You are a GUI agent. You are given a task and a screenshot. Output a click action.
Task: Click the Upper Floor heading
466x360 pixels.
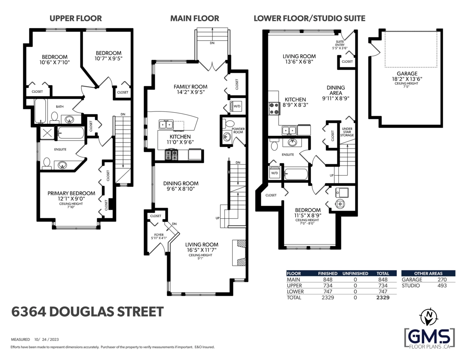pos(76,18)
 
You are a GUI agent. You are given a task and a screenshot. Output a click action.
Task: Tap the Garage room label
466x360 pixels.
pos(407,73)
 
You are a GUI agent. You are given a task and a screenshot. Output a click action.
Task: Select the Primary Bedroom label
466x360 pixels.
pos(71,193)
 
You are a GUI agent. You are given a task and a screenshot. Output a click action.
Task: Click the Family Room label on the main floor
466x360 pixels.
pos(190,87)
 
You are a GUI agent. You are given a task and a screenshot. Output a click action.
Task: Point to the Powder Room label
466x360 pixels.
pos(238,130)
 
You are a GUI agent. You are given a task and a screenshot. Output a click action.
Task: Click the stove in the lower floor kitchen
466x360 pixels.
pos(274,108)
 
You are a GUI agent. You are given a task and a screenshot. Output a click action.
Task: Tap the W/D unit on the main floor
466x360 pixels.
pos(236,106)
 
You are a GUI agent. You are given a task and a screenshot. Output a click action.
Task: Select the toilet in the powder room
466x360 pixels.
pos(229,123)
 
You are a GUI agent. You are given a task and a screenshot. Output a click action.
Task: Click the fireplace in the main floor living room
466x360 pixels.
pos(239,253)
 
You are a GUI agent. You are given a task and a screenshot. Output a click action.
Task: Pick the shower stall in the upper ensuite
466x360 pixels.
pos(47,133)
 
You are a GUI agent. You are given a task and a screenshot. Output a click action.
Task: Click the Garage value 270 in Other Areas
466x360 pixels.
pos(442,279)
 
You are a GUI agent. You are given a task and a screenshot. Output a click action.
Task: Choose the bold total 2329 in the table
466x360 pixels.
pos(383,297)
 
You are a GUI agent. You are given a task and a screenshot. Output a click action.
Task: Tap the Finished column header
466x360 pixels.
pos(328,273)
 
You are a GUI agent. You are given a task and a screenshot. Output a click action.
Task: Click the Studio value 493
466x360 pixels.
pos(442,285)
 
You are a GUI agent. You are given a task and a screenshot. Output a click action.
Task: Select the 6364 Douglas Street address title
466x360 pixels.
pos(87,311)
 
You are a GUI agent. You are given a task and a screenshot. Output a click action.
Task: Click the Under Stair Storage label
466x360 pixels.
pos(347,132)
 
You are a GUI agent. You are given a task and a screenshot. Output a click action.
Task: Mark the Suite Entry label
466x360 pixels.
pos(340,45)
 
